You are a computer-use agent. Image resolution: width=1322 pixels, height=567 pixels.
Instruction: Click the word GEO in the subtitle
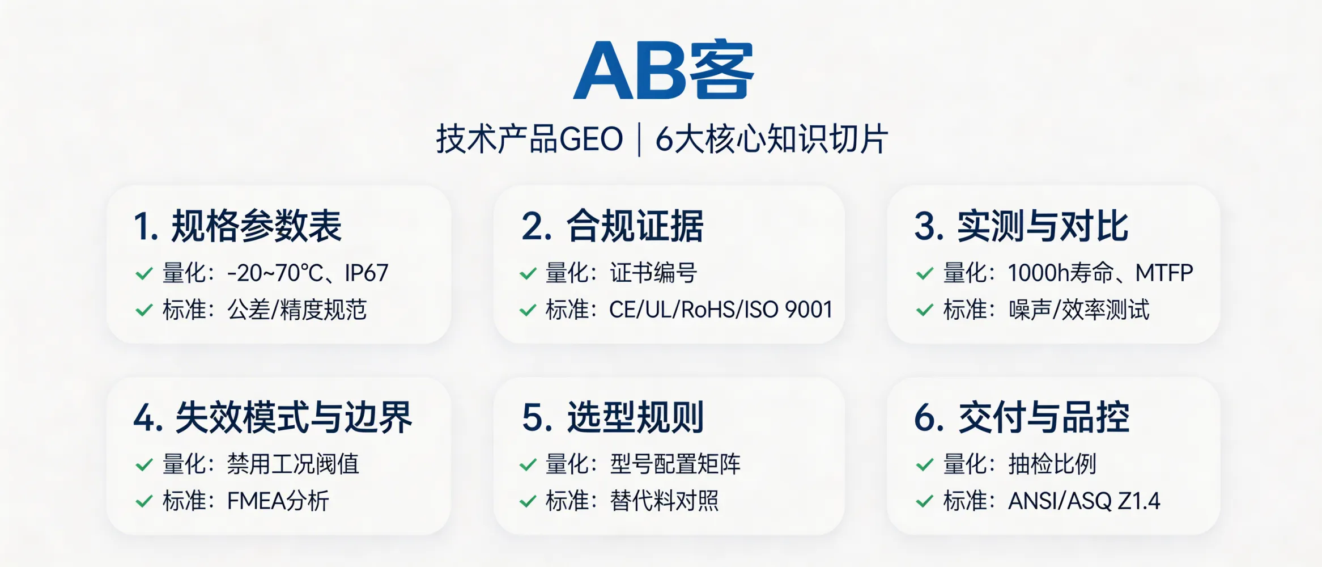tap(591, 139)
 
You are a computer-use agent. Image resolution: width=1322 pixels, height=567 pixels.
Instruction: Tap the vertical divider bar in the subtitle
tap(639, 140)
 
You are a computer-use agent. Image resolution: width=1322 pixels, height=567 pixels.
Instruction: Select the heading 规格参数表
tap(256, 226)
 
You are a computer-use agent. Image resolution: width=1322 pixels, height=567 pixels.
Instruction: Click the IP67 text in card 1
tap(366, 273)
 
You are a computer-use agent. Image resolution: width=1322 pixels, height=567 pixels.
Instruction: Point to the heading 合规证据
tap(635, 226)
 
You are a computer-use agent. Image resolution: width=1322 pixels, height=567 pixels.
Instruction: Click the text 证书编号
tap(653, 273)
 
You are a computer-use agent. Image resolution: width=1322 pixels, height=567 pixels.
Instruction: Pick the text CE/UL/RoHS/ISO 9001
tap(720, 310)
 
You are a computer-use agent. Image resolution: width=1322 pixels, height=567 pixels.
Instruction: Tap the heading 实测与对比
tap(1043, 226)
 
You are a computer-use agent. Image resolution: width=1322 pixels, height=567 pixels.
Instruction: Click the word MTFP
tap(1164, 273)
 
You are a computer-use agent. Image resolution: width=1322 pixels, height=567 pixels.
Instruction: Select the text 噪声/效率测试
tap(1078, 310)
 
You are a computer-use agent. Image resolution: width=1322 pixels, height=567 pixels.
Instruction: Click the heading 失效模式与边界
tap(294, 418)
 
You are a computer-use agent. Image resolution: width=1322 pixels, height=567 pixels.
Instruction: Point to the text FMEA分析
tap(278, 501)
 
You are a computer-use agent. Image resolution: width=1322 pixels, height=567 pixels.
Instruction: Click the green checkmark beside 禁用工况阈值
tap(144, 465)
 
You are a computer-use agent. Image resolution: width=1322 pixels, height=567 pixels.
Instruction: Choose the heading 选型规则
tap(635, 418)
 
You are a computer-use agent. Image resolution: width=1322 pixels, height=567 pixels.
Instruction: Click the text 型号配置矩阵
tap(675, 464)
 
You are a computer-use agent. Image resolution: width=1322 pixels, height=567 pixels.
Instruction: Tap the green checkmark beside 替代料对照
tap(528, 501)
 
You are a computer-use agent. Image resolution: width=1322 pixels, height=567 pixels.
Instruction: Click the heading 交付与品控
tap(1044, 418)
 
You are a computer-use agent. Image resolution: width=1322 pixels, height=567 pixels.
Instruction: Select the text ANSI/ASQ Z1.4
tap(1083, 501)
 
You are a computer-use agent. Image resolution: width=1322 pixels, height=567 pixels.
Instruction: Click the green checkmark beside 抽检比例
tap(925, 465)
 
